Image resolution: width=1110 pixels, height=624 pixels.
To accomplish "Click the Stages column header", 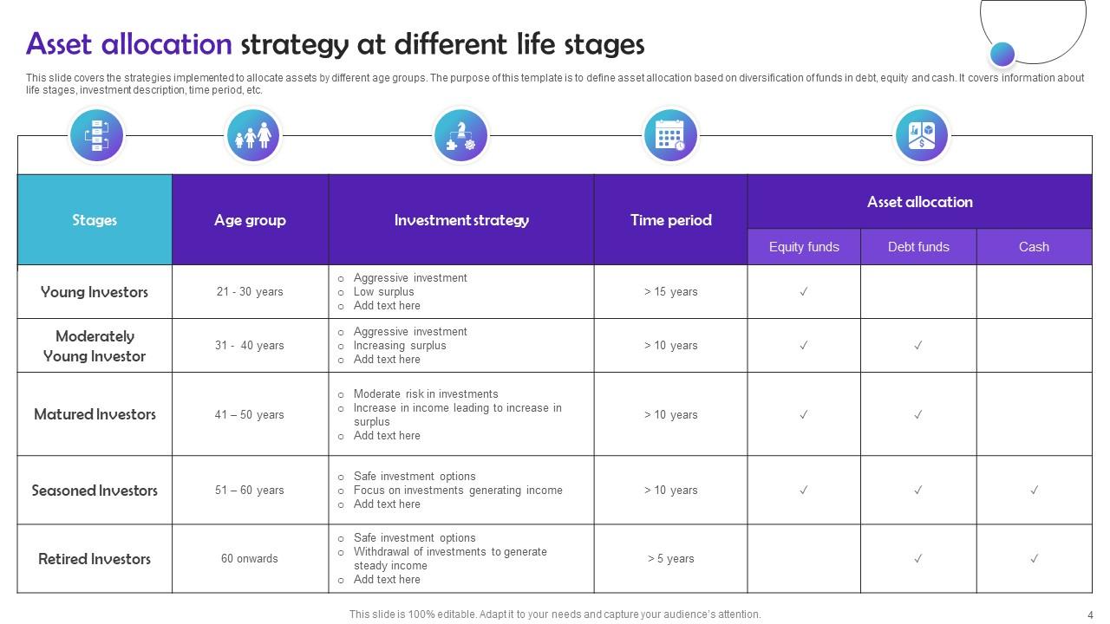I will click(x=95, y=220).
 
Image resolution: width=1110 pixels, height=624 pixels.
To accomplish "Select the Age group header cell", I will click(x=250, y=220).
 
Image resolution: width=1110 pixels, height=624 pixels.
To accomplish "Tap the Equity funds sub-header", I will click(x=804, y=247).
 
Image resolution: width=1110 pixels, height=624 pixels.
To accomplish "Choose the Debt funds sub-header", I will click(x=918, y=247).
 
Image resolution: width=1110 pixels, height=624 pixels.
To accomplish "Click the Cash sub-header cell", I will click(x=1034, y=247).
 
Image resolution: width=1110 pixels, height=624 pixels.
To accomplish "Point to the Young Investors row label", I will click(x=95, y=292).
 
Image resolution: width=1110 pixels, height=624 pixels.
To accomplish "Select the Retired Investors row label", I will click(x=95, y=559).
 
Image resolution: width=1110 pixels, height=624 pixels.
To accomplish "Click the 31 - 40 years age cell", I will click(x=250, y=346).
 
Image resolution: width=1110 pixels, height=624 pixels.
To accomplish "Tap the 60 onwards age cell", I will click(x=250, y=559).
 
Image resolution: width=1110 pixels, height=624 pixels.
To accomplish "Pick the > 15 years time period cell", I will click(x=670, y=292).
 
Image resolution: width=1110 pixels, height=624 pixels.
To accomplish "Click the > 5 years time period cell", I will click(x=670, y=559).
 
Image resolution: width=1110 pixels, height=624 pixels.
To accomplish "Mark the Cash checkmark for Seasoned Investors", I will click(x=1034, y=491).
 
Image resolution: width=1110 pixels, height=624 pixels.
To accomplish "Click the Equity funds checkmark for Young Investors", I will click(x=804, y=292).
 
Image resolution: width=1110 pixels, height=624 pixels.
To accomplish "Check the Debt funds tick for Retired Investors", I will click(x=918, y=559).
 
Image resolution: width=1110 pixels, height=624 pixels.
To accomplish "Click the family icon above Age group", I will click(x=253, y=136).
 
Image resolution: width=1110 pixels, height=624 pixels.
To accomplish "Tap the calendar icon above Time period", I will click(x=670, y=136).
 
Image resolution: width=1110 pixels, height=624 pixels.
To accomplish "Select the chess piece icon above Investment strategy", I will click(x=460, y=136).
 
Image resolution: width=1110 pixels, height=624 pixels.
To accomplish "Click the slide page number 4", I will click(x=1090, y=614).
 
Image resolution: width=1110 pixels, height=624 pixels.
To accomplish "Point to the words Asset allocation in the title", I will click(x=129, y=44).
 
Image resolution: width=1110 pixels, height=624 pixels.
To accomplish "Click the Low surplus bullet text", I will click(x=383, y=292).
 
